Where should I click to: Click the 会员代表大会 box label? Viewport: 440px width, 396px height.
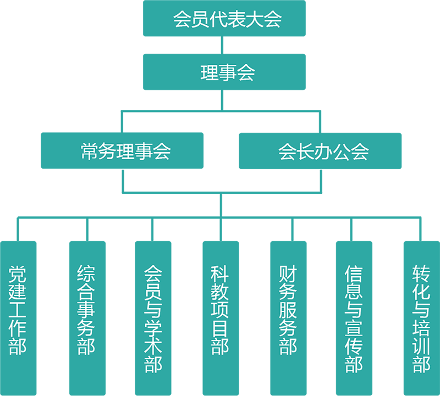tap(227, 19)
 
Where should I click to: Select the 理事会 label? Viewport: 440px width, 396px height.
tap(227, 73)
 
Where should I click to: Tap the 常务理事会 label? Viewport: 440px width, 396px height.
tap(126, 151)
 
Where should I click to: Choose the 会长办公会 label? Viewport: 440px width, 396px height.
tap(323, 151)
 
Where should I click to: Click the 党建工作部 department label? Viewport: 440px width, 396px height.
tap(18, 310)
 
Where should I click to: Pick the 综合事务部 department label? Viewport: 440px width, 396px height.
tap(86, 310)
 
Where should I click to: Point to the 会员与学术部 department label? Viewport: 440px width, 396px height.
tap(153, 319)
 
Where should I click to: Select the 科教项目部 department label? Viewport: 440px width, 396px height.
tap(221, 310)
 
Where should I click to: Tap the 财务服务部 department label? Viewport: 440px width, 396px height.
tap(288, 310)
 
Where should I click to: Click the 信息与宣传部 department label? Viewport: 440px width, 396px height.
tap(354, 319)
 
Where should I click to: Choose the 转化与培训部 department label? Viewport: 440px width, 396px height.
tap(421, 319)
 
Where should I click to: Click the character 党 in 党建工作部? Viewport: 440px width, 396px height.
tap(18, 275)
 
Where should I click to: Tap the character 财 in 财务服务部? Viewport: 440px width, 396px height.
tap(288, 275)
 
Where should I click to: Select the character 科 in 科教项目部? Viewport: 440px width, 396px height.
tap(221, 275)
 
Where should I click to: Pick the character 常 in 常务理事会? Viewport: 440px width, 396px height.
tap(90, 151)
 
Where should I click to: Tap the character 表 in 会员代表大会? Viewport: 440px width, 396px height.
tap(227, 19)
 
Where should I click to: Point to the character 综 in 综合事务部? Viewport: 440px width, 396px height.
tap(86, 275)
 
